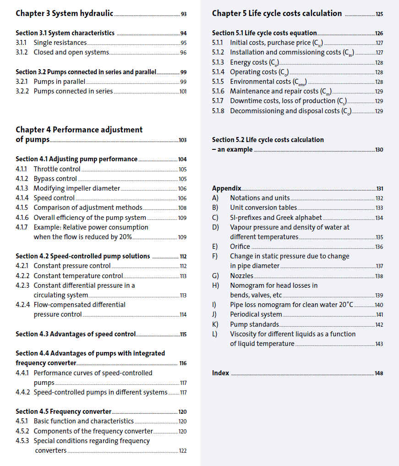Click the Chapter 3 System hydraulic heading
point(64,13)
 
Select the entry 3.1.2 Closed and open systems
point(71,52)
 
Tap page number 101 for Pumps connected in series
point(183,91)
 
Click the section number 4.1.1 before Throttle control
point(22,169)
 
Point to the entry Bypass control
point(55,179)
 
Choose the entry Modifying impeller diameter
point(77,188)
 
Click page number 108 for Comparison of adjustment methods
point(182,208)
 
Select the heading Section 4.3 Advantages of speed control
point(76,334)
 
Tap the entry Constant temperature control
point(78,276)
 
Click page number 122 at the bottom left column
point(182,451)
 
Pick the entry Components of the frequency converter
point(93,431)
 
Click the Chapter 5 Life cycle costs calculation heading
point(277,13)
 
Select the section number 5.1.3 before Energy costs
point(218,62)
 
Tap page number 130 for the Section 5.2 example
point(379,150)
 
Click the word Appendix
point(226,188)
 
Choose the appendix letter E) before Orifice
point(215,247)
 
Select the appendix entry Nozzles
point(241,276)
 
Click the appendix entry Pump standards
point(254,324)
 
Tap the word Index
point(220,373)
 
